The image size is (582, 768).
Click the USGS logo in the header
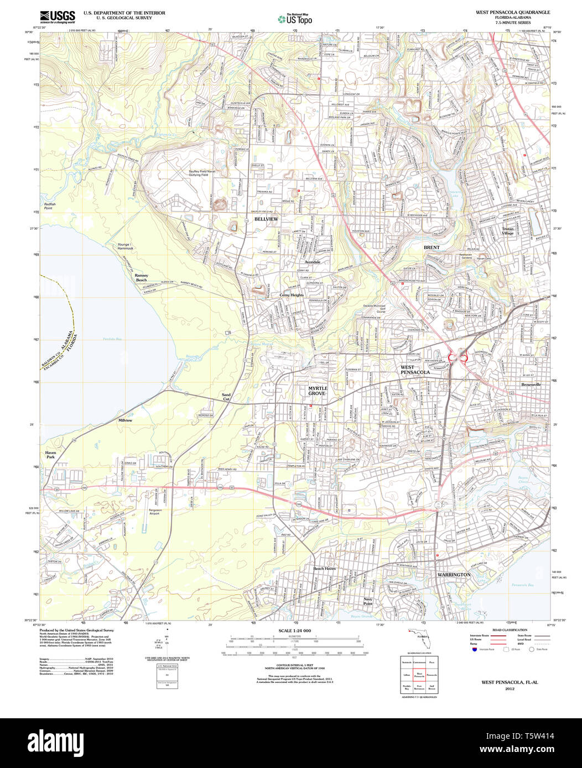(58, 17)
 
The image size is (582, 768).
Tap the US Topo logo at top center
(295, 19)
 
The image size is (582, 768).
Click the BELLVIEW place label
(266, 219)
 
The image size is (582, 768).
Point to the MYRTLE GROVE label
(318, 391)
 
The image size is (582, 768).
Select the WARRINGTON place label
(454, 575)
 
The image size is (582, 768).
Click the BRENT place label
(432, 248)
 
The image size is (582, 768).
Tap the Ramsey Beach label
(141, 277)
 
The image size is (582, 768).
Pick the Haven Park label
(50, 455)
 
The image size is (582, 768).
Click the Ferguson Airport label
(154, 511)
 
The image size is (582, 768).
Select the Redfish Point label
(48, 206)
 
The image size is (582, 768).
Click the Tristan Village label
(508, 231)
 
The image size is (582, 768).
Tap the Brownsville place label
(531, 384)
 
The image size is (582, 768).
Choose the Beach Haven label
(325, 569)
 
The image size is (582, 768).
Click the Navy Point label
(368, 601)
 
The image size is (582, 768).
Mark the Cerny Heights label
(292, 295)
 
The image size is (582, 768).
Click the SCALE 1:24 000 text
(295, 630)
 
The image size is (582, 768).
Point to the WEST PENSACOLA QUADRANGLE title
(513, 12)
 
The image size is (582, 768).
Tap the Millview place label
(126, 420)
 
